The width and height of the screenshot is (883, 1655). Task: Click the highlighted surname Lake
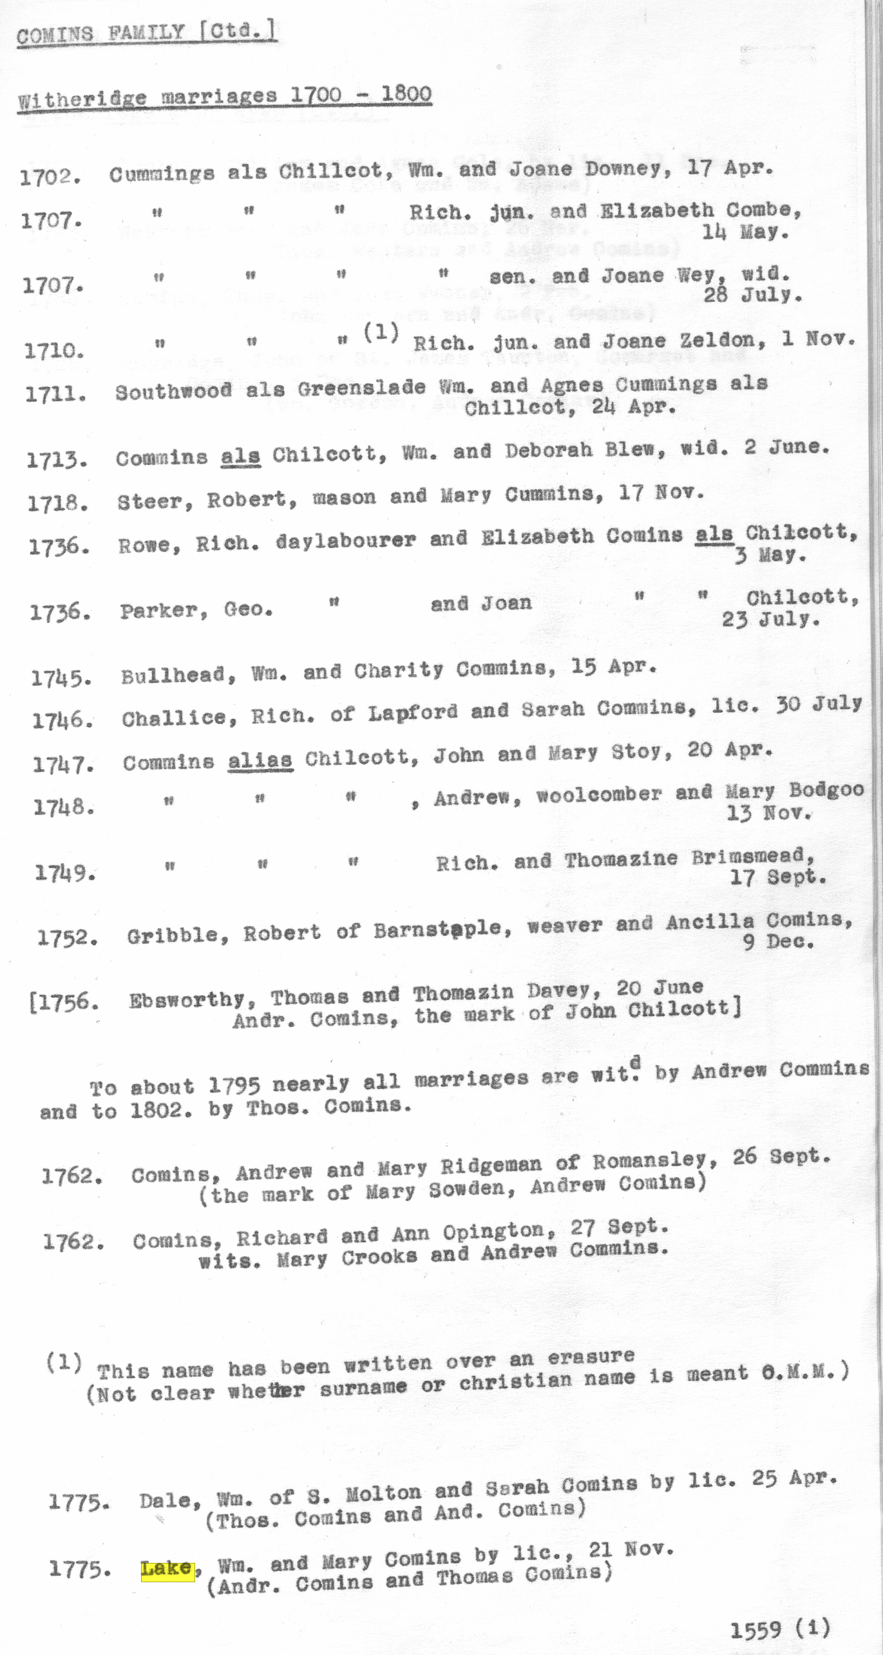point(167,1569)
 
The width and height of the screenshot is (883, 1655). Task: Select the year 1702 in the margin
point(50,177)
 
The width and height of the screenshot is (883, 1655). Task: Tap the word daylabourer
point(345,540)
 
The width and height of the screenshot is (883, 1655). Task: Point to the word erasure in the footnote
point(591,1357)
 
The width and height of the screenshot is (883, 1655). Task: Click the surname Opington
point(499,1232)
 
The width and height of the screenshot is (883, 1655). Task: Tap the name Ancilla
point(709,922)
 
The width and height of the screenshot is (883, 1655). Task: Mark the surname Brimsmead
point(753,857)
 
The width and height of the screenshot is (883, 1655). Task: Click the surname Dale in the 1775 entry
point(165,1502)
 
